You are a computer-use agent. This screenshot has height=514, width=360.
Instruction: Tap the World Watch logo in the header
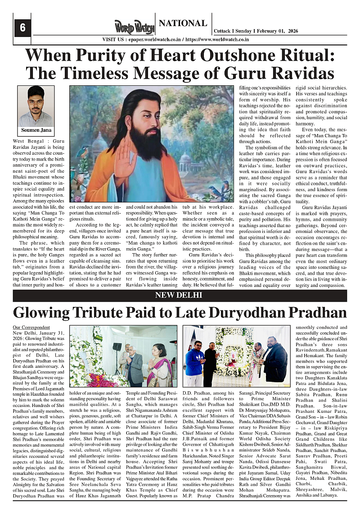(x=134, y=27)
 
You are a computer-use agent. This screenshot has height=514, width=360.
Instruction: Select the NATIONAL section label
(x=183, y=23)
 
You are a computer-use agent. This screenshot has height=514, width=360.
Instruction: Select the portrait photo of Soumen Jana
(x=36, y=106)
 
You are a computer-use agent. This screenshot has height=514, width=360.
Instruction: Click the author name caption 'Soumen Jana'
(x=36, y=130)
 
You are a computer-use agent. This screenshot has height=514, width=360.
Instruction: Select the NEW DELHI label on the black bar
(x=179, y=295)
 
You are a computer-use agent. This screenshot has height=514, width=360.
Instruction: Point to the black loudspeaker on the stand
(x=117, y=347)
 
